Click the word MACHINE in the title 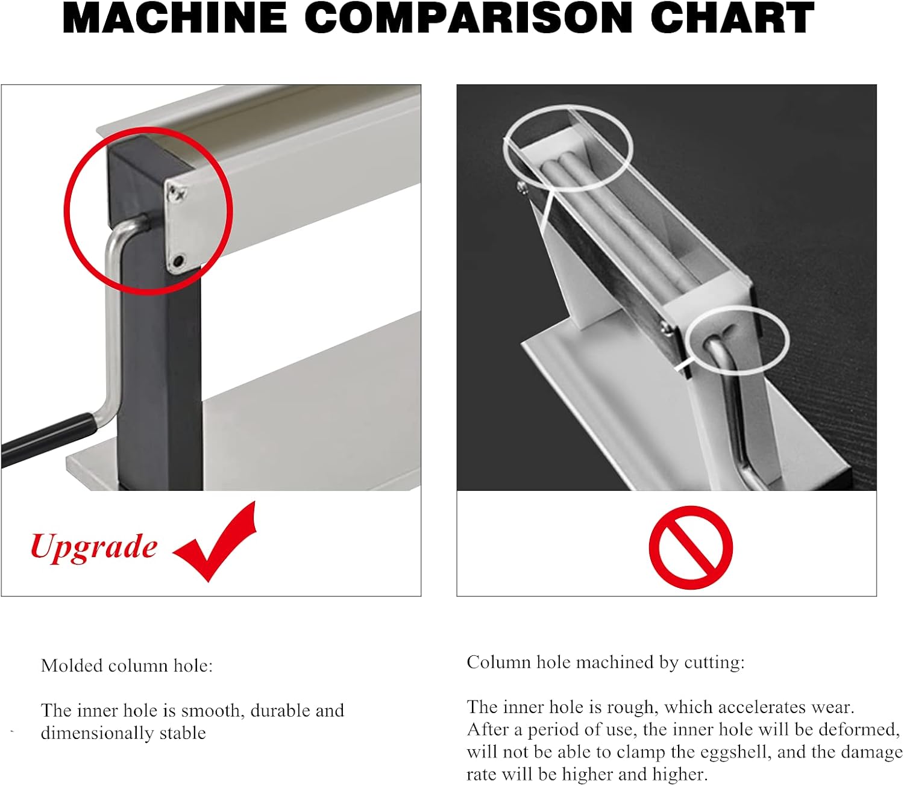pos(175,18)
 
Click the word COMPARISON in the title pos(469,18)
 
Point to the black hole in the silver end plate pos(178,261)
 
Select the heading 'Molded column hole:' pos(127,666)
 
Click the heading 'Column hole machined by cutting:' pos(606,663)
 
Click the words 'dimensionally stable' pos(124,734)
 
